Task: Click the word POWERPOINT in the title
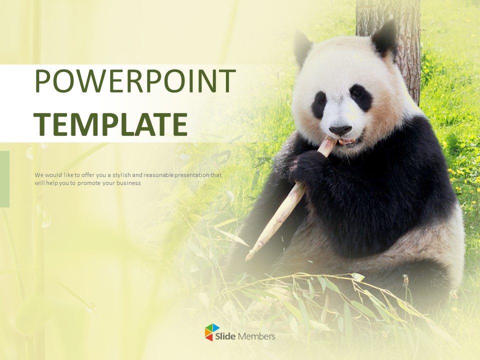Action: (x=135, y=81)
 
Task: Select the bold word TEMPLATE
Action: (x=111, y=124)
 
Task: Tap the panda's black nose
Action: (x=340, y=130)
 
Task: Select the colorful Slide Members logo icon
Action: (x=212, y=332)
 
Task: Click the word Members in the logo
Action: (x=256, y=336)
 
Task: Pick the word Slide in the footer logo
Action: (x=225, y=336)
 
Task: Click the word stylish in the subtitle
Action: (x=121, y=175)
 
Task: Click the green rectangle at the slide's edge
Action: (x=4, y=179)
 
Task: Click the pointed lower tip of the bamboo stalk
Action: (x=246, y=259)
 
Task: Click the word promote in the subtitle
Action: (x=89, y=183)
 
